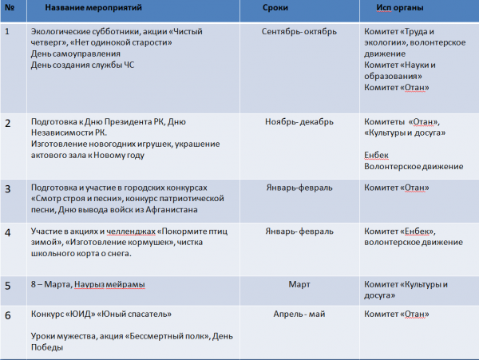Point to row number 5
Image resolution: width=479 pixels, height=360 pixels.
[x=8, y=284]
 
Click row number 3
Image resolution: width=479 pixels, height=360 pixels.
[x=8, y=189]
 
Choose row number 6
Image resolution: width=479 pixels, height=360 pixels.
[x=8, y=315]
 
